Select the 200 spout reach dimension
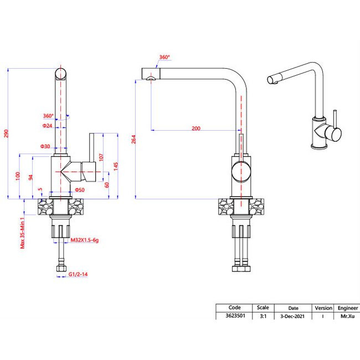tap(196, 128)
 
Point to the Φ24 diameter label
tap(47, 126)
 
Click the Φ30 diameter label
tap(45, 146)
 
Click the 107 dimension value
tap(101, 157)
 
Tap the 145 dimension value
tap(116, 165)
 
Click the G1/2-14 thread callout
tap(78, 273)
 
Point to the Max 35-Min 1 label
tap(23, 233)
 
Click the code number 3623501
tap(234, 316)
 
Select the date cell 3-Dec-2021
tap(293, 316)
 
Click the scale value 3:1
tap(262, 316)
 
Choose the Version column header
tap(323, 308)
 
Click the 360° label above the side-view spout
tap(164, 58)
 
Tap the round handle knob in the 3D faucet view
tap(333, 133)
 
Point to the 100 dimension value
tap(18, 176)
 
